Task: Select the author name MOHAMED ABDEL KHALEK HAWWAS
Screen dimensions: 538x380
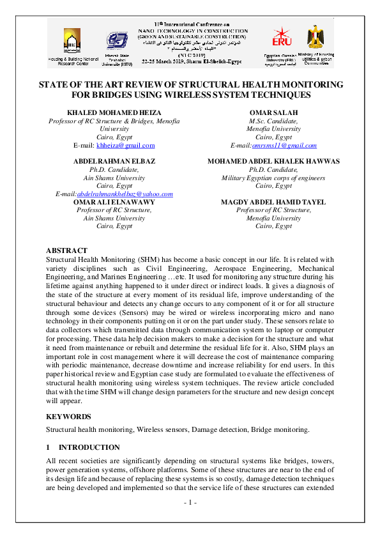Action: point(273,162)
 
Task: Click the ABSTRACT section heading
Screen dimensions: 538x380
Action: point(67,250)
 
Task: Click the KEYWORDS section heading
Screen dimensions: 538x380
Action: point(68,416)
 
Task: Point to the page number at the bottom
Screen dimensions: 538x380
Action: point(190,503)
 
